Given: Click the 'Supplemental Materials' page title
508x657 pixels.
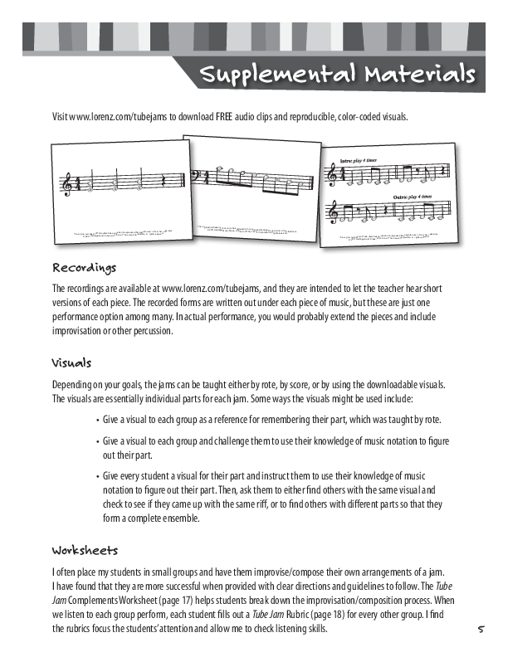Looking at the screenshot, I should [x=336, y=75].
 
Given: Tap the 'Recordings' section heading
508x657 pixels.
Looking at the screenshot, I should [x=85, y=268].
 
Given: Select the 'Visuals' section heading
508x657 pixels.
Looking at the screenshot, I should [x=71, y=363].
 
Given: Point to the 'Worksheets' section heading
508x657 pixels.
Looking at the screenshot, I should [x=85, y=550].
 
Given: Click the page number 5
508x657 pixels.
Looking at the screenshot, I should [x=480, y=630].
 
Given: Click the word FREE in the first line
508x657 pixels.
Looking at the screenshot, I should [x=222, y=117].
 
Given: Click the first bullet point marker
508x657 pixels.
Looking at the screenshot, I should [x=99, y=419].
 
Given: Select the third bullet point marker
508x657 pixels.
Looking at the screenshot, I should [x=99, y=475].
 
